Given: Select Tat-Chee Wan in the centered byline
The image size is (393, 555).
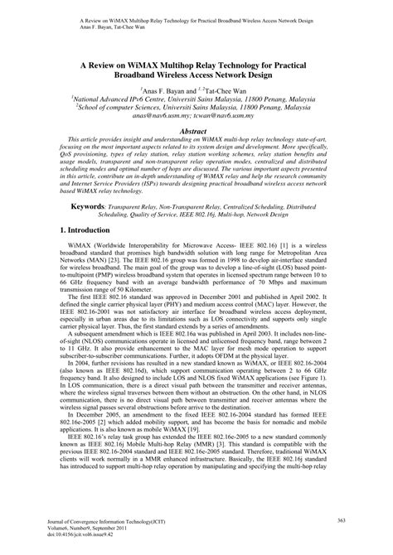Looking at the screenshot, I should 231,87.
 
